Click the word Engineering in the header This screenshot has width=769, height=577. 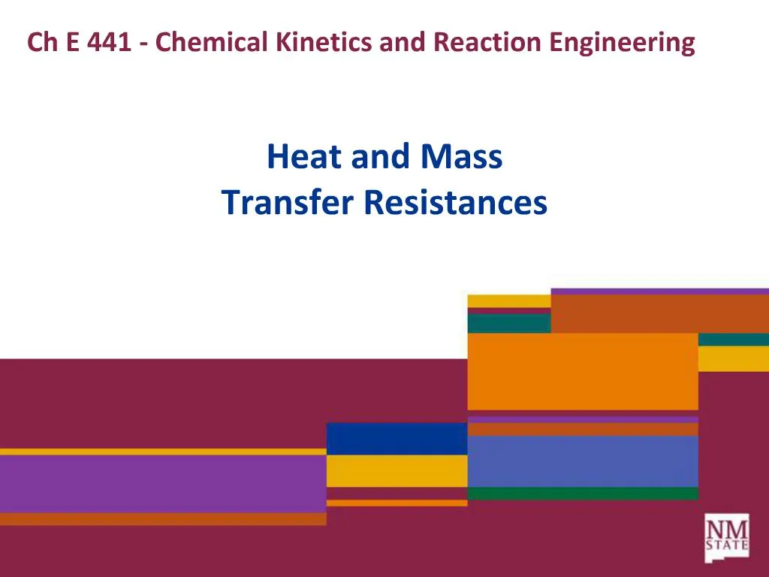click(x=622, y=42)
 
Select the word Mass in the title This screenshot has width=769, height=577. click(x=462, y=157)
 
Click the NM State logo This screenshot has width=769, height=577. click(x=726, y=537)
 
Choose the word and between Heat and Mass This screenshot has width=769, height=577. click(x=378, y=157)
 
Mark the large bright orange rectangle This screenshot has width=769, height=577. click(x=583, y=371)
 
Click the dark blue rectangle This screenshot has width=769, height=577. click(x=397, y=438)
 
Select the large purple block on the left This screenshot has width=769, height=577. click(x=163, y=484)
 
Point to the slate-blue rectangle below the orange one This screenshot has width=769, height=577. click(x=583, y=461)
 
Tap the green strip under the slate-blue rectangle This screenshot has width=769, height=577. click(x=583, y=494)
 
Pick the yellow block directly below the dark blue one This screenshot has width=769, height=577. click(x=397, y=470)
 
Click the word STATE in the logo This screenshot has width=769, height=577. click(x=727, y=546)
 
